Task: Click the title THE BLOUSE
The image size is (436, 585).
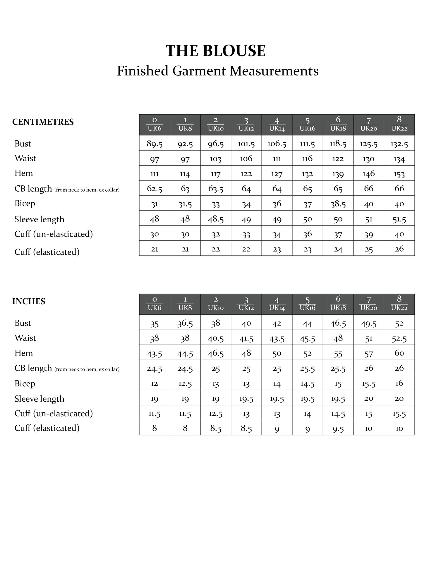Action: tap(216, 51)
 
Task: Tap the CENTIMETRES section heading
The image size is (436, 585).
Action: tap(43, 122)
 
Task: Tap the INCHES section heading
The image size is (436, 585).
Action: tap(29, 302)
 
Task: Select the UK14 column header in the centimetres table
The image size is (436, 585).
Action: tap(277, 125)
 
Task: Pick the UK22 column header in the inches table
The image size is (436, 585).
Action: tap(399, 304)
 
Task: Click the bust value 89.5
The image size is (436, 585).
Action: tap(155, 144)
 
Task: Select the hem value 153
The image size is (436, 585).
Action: tap(399, 174)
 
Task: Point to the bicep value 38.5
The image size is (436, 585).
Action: tap(338, 204)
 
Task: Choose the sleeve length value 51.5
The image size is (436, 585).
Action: tap(399, 219)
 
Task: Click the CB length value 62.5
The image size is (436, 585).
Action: tap(155, 189)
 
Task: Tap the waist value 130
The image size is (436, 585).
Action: tap(368, 159)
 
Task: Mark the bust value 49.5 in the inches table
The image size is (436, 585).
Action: tap(368, 323)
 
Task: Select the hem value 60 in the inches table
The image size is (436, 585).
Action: tap(399, 353)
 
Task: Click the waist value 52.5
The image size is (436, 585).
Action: tap(399, 338)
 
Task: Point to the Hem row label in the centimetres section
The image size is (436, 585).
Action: tap(24, 173)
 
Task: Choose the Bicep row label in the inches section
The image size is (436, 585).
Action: tap(25, 383)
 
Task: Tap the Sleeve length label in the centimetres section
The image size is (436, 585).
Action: tap(39, 219)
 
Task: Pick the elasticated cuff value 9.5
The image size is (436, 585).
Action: tap(338, 429)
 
